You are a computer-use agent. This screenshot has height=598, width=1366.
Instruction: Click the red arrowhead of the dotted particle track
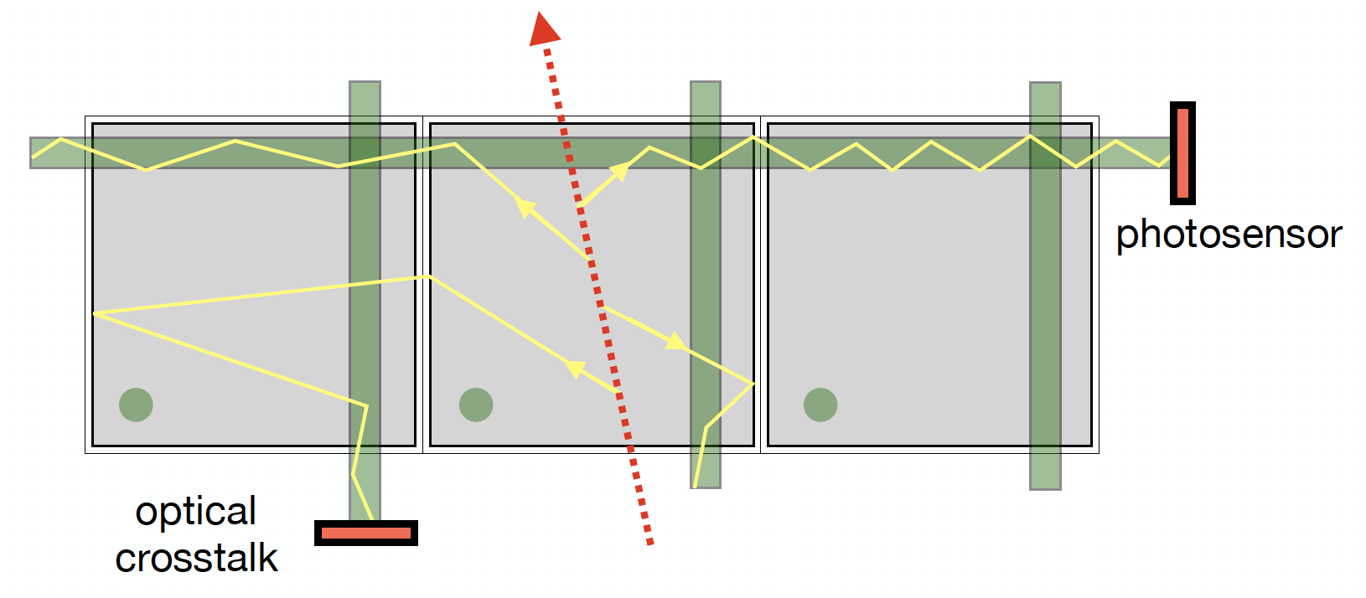(x=544, y=30)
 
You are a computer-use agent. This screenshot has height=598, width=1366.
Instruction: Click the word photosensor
(x=1229, y=235)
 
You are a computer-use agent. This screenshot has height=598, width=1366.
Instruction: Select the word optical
(x=196, y=512)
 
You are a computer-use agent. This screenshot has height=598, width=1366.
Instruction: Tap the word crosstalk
(x=196, y=558)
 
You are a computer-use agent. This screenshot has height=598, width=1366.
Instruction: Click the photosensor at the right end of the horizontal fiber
(x=1182, y=153)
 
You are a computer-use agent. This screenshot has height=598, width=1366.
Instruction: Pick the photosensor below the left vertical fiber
(x=366, y=533)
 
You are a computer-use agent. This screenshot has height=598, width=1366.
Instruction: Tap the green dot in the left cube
(x=136, y=405)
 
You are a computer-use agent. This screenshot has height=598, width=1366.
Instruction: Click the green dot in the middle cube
(x=476, y=405)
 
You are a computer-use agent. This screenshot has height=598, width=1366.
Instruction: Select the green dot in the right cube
(x=820, y=405)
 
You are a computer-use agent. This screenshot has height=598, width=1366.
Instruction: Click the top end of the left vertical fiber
(x=365, y=85)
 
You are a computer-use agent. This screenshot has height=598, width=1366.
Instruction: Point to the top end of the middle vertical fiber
(x=706, y=85)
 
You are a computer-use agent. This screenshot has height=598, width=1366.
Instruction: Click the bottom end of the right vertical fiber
(x=1045, y=486)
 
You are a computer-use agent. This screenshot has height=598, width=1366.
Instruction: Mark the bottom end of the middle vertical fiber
(x=706, y=484)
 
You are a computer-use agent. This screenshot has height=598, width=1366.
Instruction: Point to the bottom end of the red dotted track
(x=649, y=543)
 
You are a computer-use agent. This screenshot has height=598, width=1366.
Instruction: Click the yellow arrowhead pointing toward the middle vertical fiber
(x=676, y=342)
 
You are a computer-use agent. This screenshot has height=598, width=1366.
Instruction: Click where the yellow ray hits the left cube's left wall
(x=94, y=313)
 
